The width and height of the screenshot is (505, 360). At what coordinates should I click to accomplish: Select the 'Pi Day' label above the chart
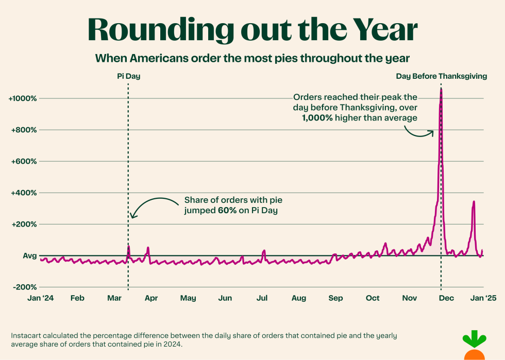click(x=128, y=76)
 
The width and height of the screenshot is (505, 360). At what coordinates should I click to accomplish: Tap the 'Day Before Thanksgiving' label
click(x=441, y=76)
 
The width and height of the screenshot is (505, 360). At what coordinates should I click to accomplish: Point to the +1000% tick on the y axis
click(x=22, y=98)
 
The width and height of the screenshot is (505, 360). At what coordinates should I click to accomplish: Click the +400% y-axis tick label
click(x=23, y=193)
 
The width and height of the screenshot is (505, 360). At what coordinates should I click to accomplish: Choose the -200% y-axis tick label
click(x=24, y=287)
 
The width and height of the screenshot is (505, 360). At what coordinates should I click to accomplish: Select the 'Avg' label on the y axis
click(x=29, y=256)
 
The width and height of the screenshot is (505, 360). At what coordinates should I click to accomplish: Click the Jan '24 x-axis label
click(x=40, y=298)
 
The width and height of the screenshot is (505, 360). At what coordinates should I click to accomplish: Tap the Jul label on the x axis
click(x=262, y=298)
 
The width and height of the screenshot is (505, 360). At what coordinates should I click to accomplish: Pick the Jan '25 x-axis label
click(x=483, y=298)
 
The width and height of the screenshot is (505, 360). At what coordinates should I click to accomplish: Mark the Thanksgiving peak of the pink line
click(x=441, y=89)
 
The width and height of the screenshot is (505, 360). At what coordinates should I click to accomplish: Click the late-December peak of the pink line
click(x=474, y=202)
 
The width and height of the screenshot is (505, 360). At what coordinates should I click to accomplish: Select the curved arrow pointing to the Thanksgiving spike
click(x=418, y=131)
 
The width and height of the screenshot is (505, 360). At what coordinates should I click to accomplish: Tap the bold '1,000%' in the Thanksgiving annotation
click(x=317, y=118)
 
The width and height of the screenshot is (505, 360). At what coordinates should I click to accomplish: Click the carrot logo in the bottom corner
click(x=474, y=348)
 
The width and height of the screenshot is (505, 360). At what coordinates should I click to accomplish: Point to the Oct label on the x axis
click(x=373, y=298)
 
